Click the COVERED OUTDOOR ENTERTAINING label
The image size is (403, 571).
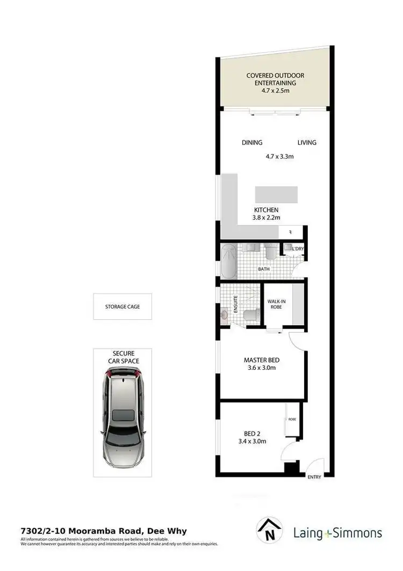(x=271, y=79)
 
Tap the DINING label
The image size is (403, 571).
(x=252, y=142)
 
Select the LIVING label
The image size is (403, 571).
(x=307, y=142)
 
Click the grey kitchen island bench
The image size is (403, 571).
(x=276, y=194)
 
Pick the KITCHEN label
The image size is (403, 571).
(x=266, y=210)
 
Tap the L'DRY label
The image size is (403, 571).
(x=298, y=248)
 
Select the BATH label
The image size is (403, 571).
(x=263, y=268)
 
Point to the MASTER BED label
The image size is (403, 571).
(x=261, y=360)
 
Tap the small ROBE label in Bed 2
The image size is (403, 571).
(x=292, y=419)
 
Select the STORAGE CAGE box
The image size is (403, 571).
(x=123, y=306)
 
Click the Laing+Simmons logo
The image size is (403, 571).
(x=337, y=533)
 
